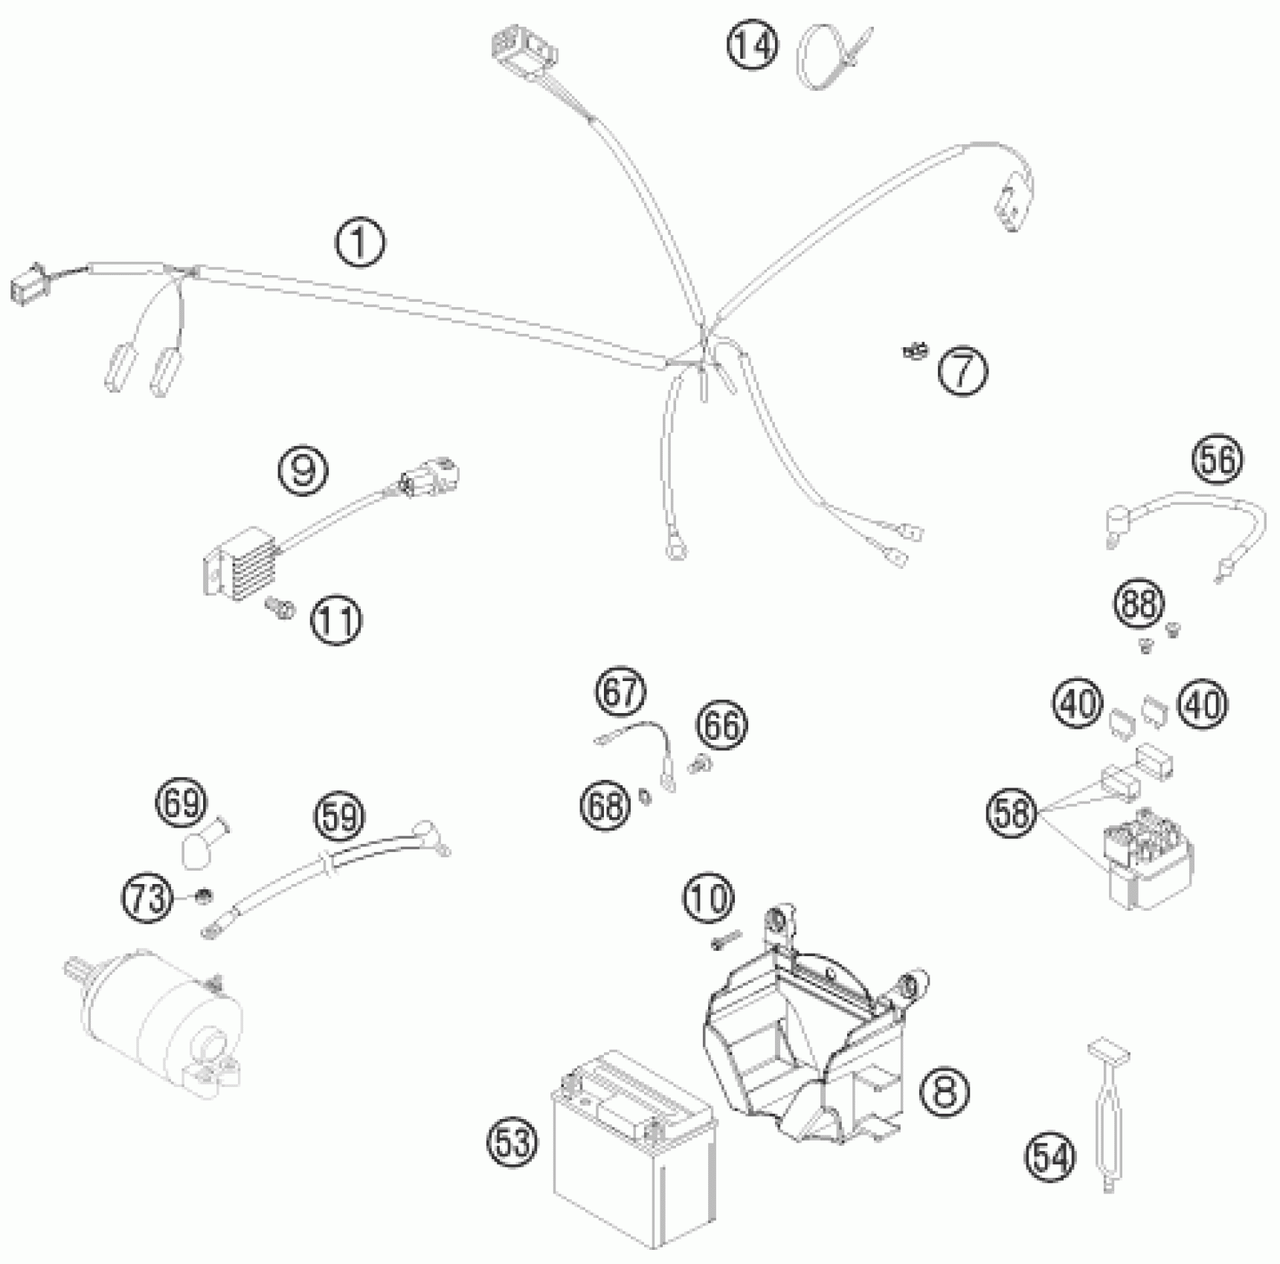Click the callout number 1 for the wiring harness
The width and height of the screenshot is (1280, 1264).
361,243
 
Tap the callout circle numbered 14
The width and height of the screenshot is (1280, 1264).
752,46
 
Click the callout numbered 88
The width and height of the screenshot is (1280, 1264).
1139,604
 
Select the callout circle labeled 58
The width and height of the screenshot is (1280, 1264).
1012,812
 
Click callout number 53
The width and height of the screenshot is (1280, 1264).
513,1141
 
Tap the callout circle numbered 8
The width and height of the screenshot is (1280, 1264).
944,1092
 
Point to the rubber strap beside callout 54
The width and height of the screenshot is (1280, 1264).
1108,1115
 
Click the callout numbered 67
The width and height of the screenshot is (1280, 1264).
620,691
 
